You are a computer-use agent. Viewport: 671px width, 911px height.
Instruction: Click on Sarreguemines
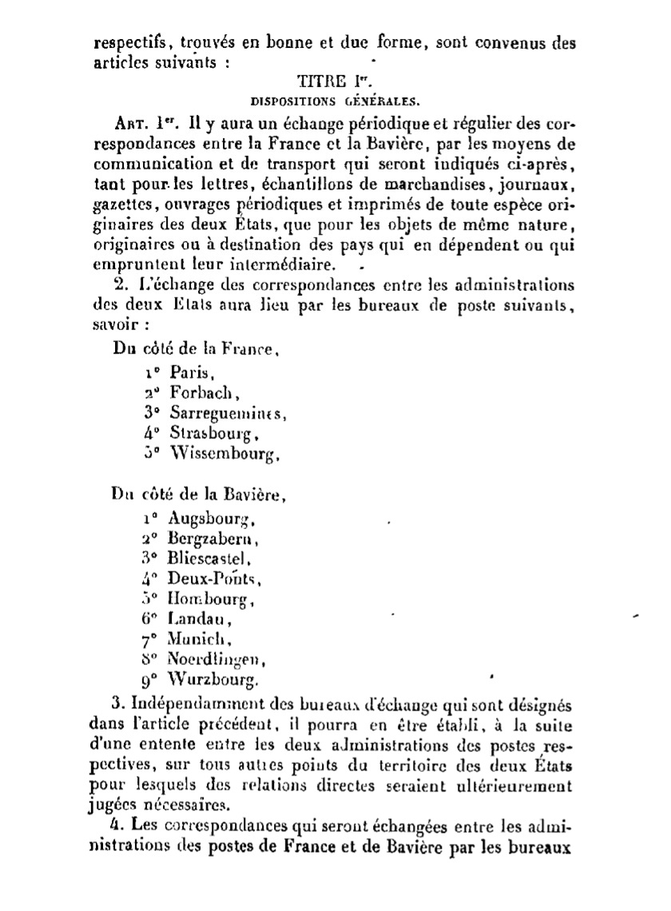228,414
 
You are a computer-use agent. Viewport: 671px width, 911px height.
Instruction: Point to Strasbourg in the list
215,435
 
